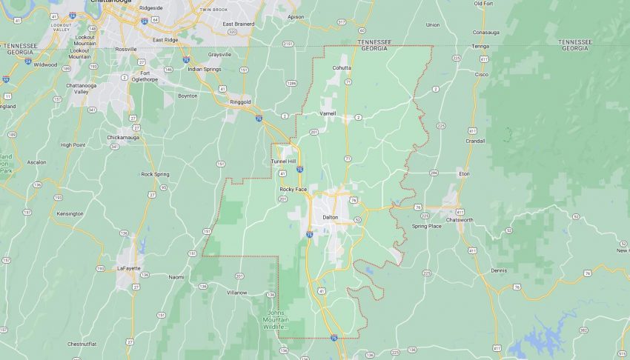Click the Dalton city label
330,217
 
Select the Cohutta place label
342,68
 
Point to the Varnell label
327,113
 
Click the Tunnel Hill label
282,161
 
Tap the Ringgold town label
241,101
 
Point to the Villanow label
236,293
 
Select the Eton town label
464,173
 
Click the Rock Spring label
156,174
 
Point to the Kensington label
70,213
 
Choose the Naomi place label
176,277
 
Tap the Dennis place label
499,270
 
